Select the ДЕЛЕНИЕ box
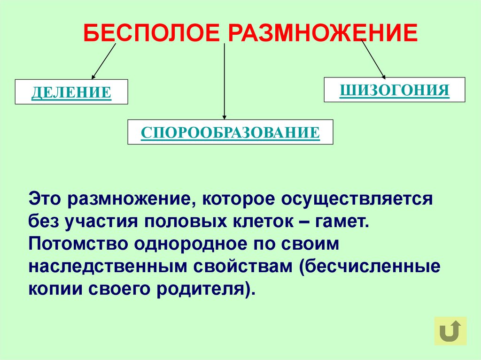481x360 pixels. (x=72, y=92)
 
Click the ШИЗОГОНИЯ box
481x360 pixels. (x=395, y=90)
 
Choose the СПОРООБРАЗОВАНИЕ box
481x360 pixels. (x=230, y=132)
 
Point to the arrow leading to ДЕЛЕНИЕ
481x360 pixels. (x=103, y=61)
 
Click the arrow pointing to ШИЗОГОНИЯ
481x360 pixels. (x=373, y=59)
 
